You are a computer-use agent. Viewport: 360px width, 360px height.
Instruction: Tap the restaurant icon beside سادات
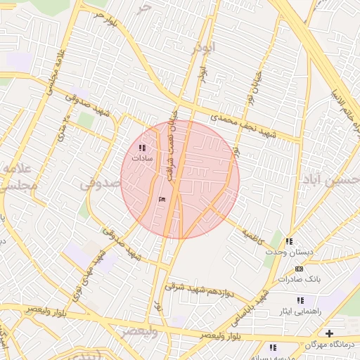pos(143,148)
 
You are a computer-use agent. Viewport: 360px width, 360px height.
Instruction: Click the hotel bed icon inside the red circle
pos(163,200)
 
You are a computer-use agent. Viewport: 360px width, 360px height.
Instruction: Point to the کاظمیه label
pos(252,236)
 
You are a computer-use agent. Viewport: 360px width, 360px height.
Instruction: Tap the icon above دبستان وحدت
pos(289,242)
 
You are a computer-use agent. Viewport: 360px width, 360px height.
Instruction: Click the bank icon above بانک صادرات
pos(300,269)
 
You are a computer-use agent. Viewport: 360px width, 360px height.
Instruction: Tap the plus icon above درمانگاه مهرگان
pos(328,333)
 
